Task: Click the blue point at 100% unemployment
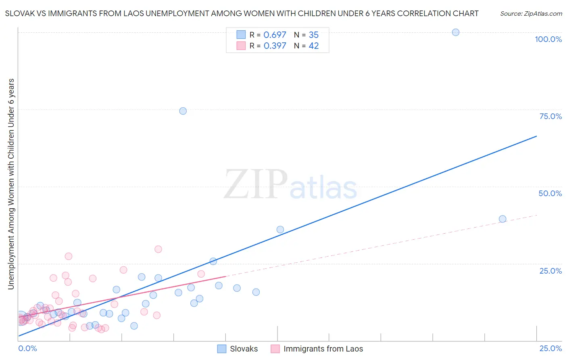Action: point(456,32)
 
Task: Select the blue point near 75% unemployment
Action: point(183,111)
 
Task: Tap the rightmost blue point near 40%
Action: point(502,219)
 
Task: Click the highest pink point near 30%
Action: point(158,249)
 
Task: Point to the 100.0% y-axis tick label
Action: point(548,39)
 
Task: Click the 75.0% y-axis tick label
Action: point(550,116)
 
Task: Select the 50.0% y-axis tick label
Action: point(550,193)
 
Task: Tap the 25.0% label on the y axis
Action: point(550,270)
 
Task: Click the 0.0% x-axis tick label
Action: point(28,348)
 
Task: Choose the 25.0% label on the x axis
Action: point(550,348)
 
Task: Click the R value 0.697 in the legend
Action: point(275,35)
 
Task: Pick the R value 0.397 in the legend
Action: point(275,46)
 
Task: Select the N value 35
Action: point(314,35)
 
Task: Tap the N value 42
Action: point(314,46)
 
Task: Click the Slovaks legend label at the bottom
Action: point(244,349)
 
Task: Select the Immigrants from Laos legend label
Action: point(323,349)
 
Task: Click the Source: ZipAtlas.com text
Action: point(531,13)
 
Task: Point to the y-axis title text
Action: point(11,184)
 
